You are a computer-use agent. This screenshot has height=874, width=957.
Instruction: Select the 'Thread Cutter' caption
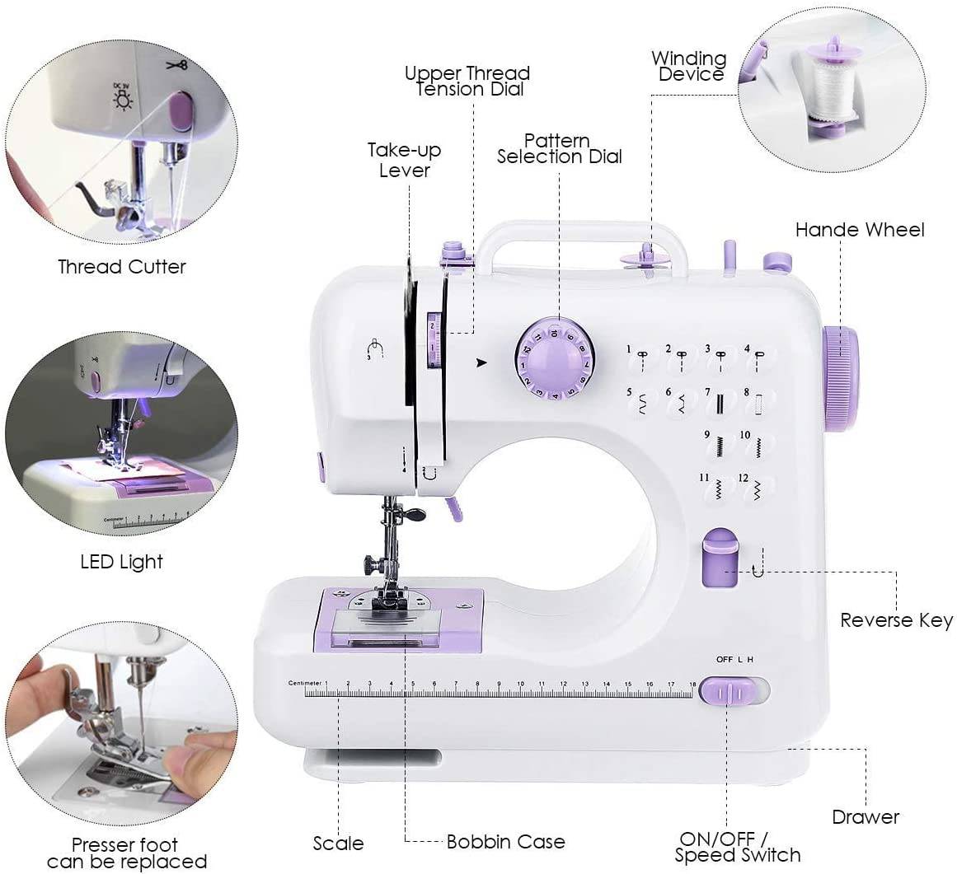pyautogui.click(x=122, y=267)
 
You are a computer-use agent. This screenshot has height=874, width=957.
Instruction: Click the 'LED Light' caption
pyautogui.click(x=122, y=562)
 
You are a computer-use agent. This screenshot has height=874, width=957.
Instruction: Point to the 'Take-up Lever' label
pyautogui.click(x=404, y=160)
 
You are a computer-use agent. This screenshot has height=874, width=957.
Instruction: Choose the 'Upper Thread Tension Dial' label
pyautogui.click(x=467, y=81)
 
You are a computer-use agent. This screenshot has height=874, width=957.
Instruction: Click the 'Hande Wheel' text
pyautogui.click(x=860, y=230)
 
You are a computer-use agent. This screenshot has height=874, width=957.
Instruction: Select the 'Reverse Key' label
pyautogui.click(x=896, y=620)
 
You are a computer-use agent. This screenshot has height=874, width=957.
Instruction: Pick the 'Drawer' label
pyautogui.click(x=865, y=817)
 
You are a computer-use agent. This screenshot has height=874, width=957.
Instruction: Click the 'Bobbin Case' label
pyautogui.click(x=505, y=841)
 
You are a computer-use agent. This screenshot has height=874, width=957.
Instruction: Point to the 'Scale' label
pyautogui.click(x=338, y=844)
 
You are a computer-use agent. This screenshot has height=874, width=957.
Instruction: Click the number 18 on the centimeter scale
pyautogui.click(x=692, y=684)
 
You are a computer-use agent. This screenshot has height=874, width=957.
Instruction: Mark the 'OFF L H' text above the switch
pyautogui.click(x=734, y=659)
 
